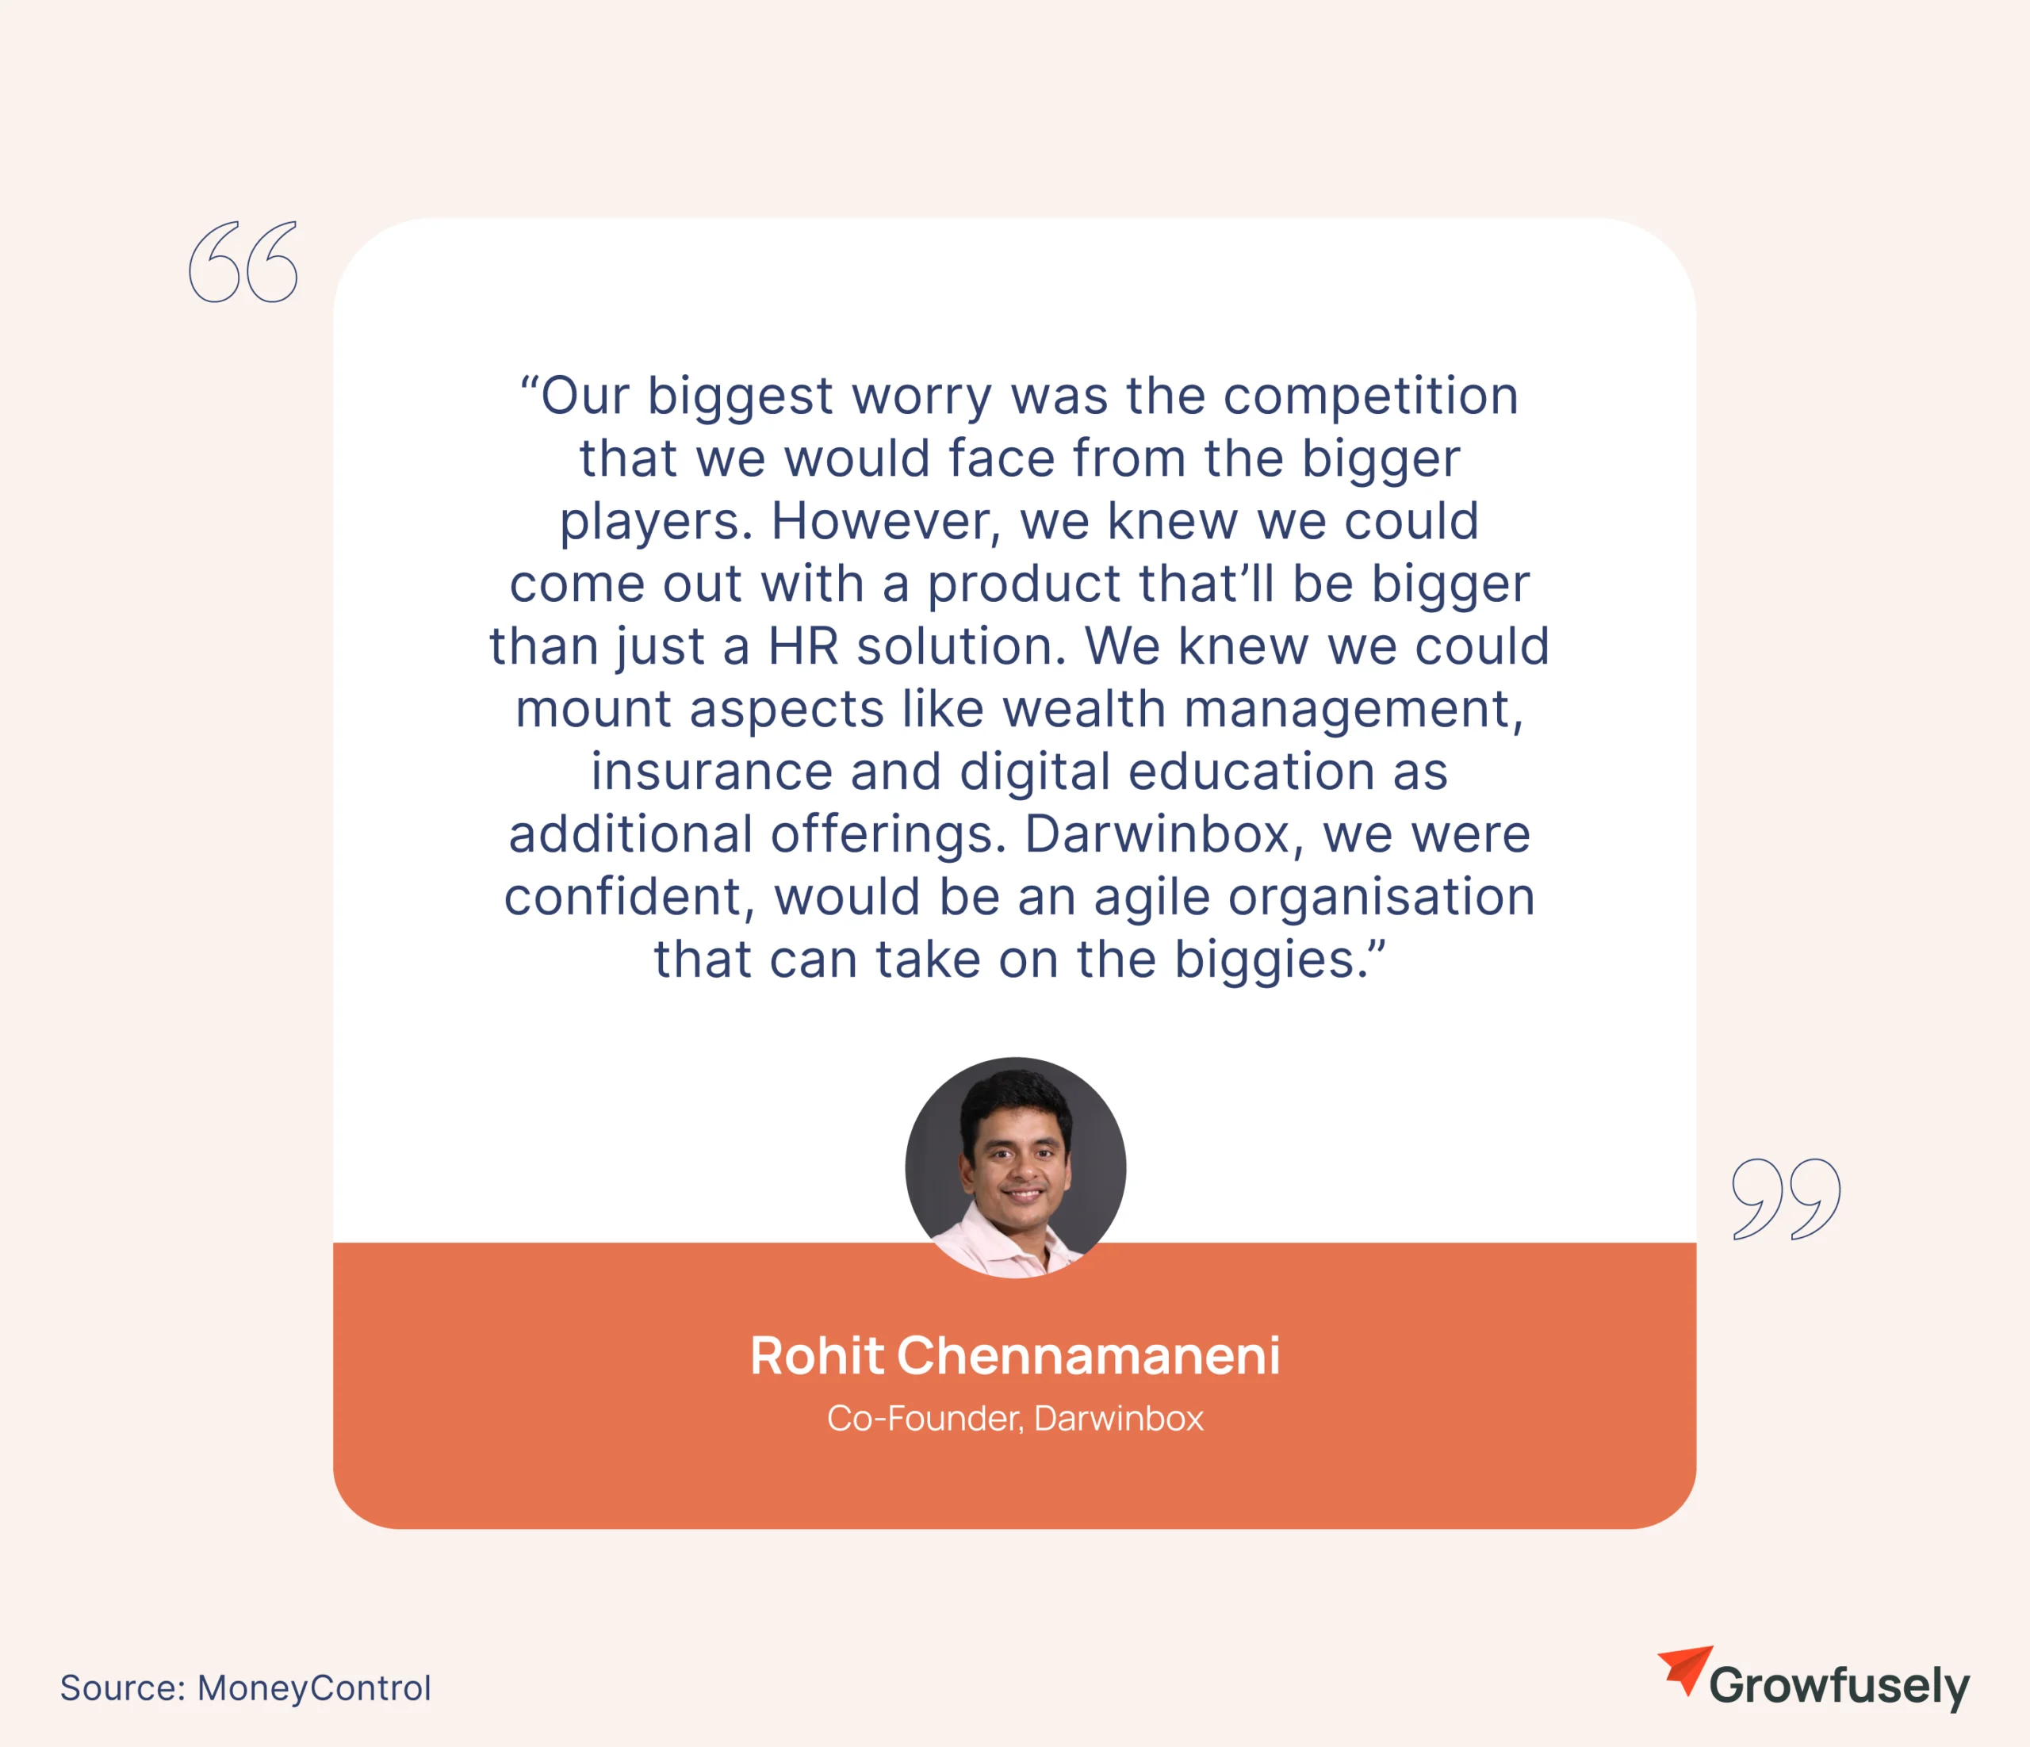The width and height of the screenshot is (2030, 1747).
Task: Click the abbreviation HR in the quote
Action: pos(803,646)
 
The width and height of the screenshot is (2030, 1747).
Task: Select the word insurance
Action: pos(711,772)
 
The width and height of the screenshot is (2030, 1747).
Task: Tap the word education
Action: pos(1252,772)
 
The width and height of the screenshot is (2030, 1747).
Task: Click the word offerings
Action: pos(889,836)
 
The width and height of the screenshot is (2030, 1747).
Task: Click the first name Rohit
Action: pos(816,1356)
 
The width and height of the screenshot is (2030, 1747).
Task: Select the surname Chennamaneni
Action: pos(1089,1356)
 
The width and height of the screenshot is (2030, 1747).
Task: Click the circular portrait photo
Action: pos(1015,1167)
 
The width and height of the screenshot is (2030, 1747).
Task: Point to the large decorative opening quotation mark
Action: pos(243,262)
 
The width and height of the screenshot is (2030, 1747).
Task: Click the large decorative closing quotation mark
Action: pos(1786,1199)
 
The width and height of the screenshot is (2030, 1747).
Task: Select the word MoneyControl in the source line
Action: pos(313,1688)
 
